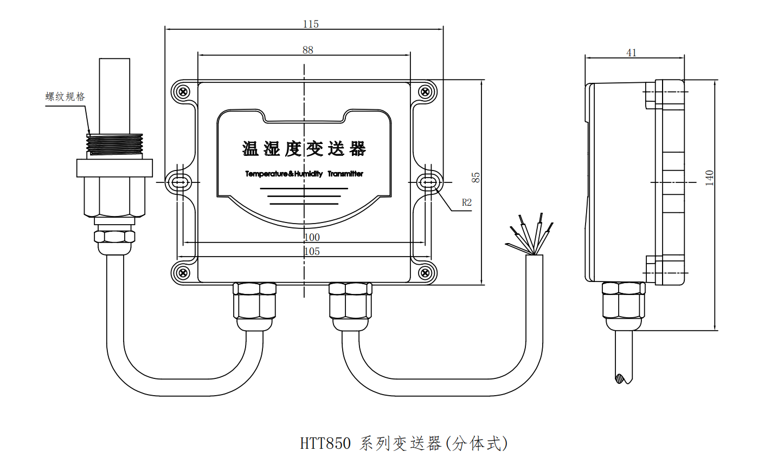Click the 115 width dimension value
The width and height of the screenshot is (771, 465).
click(x=311, y=24)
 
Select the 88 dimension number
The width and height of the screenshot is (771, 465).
click(x=307, y=50)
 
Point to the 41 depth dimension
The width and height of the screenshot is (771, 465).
click(x=631, y=53)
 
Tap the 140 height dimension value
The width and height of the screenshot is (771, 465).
click(x=709, y=178)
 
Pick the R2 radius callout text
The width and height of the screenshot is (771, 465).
click(x=466, y=202)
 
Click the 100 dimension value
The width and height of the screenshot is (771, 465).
click(x=312, y=237)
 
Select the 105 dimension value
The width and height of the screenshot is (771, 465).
click(x=312, y=251)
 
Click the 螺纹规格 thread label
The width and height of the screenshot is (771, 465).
click(x=65, y=97)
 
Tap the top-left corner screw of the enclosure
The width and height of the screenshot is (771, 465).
click(x=183, y=91)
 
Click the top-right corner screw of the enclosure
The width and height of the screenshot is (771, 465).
click(x=426, y=91)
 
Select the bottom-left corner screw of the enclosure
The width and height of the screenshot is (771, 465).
click(x=183, y=272)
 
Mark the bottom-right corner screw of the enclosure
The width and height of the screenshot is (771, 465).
click(x=426, y=272)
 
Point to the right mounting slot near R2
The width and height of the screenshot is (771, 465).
click(x=429, y=182)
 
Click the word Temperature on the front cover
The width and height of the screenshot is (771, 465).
click(x=266, y=174)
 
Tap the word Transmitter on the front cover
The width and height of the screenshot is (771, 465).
click(x=345, y=174)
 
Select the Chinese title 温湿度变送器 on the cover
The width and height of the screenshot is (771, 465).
click(x=304, y=149)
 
